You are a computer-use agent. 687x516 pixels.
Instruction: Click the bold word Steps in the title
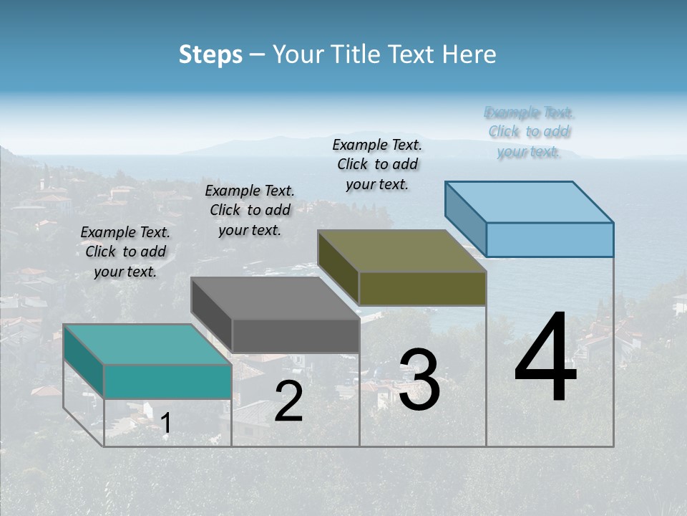coord(210,54)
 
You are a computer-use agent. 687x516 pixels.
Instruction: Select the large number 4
coord(545,358)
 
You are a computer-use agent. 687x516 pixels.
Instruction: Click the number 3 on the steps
coord(419,380)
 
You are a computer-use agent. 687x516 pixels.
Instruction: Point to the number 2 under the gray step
coord(288,401)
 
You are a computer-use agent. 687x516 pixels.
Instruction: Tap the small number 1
coord(165,424)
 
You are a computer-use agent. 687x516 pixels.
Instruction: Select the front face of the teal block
coord(167,381)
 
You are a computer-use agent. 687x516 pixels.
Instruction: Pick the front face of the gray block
coord(296,335)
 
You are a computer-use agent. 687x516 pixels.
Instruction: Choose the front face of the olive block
coord(422,288)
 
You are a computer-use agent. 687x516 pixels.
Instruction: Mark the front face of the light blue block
coord(550,239)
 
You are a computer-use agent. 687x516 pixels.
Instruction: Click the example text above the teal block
coord(125,252)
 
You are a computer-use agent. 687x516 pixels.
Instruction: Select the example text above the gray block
coord(250,210)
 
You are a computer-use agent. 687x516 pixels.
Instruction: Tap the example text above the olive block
coord(377,164)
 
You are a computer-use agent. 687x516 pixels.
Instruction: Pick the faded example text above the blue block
coord(529,132)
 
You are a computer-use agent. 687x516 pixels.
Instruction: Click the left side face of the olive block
coord(338,267)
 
